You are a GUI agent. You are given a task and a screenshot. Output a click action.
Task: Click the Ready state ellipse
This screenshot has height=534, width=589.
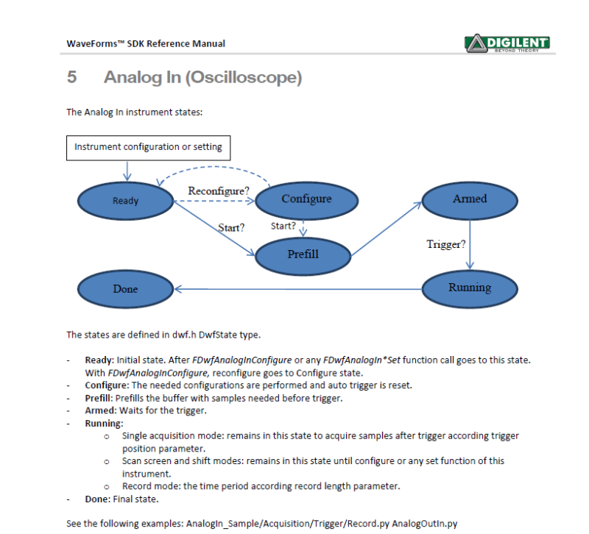[x=125, y=201]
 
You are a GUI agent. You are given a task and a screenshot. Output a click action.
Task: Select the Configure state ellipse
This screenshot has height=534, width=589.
[x=306, y=199]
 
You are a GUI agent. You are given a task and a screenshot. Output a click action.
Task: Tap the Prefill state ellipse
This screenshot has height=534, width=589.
[x=303, y=254]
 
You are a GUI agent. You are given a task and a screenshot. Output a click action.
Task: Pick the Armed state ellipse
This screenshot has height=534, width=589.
[x=469, y=199]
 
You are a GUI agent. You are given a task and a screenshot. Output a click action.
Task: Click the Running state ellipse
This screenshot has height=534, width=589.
[x=469, y=288]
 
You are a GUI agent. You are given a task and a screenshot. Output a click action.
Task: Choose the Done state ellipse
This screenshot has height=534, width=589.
[x=125, y=289]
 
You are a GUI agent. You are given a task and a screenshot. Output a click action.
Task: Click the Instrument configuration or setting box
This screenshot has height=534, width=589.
[x=148, y=147]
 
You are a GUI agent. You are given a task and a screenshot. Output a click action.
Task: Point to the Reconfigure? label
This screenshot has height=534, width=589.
[x=219, y=191]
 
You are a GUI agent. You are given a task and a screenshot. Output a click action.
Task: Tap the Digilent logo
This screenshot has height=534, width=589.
[x=508, y=43]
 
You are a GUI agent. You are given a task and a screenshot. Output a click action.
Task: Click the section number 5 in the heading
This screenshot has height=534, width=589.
[x=71, y=77]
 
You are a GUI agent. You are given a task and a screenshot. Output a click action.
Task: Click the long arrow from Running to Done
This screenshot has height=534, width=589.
[x=294, y=288]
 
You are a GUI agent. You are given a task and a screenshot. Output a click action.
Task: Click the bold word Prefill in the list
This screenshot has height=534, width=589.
[x=100, y=398]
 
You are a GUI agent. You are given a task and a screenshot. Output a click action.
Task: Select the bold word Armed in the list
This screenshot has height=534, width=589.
[x=100, y=410]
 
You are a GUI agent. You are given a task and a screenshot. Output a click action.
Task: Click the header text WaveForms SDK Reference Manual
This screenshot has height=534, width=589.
[x=146, y=43]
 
